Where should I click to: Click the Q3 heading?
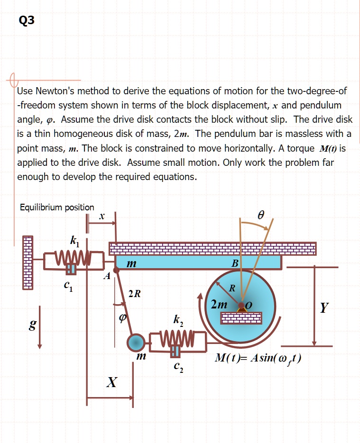[27, 20]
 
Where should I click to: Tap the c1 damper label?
[68, 285]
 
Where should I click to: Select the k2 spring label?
[178, 320]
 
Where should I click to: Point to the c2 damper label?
[179, 367]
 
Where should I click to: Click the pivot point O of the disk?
[241, 305]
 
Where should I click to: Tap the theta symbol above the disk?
[261, 216]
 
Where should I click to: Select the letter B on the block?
[235, 263]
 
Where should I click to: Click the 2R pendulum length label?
[135, 294]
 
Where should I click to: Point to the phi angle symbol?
[122, 318]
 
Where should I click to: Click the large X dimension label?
[112, 382]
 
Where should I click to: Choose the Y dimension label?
[324, 307]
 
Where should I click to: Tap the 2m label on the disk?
[219, 304]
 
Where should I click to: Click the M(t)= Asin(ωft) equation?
[258, 359]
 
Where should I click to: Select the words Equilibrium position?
[57, 208]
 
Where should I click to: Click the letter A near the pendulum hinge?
[107, 276]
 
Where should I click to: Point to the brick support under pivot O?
[241, 318]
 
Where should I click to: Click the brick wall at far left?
[28, 263]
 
